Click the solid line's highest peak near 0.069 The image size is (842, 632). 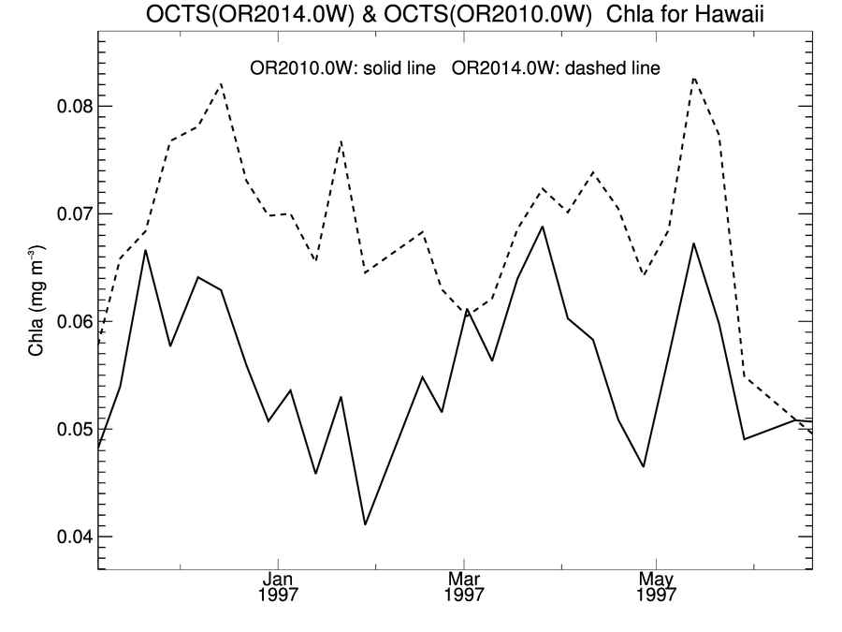point(543,227)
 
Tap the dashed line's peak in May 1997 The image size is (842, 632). point(693,78)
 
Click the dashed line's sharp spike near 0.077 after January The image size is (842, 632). point(341,140)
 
